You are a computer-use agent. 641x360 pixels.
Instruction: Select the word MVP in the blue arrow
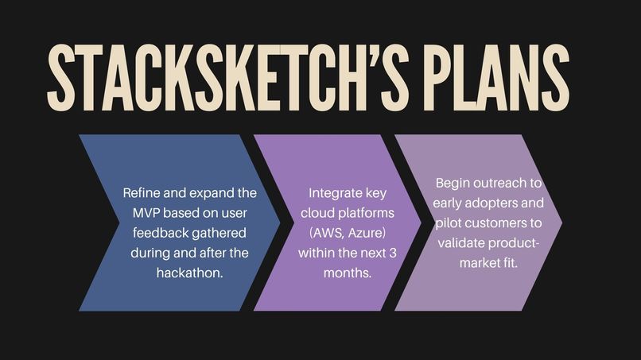click(x=147, y=213)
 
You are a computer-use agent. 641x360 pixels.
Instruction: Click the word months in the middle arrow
click(x=349, y=273)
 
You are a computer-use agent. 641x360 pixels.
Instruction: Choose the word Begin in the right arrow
click(x=453, y=184)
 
